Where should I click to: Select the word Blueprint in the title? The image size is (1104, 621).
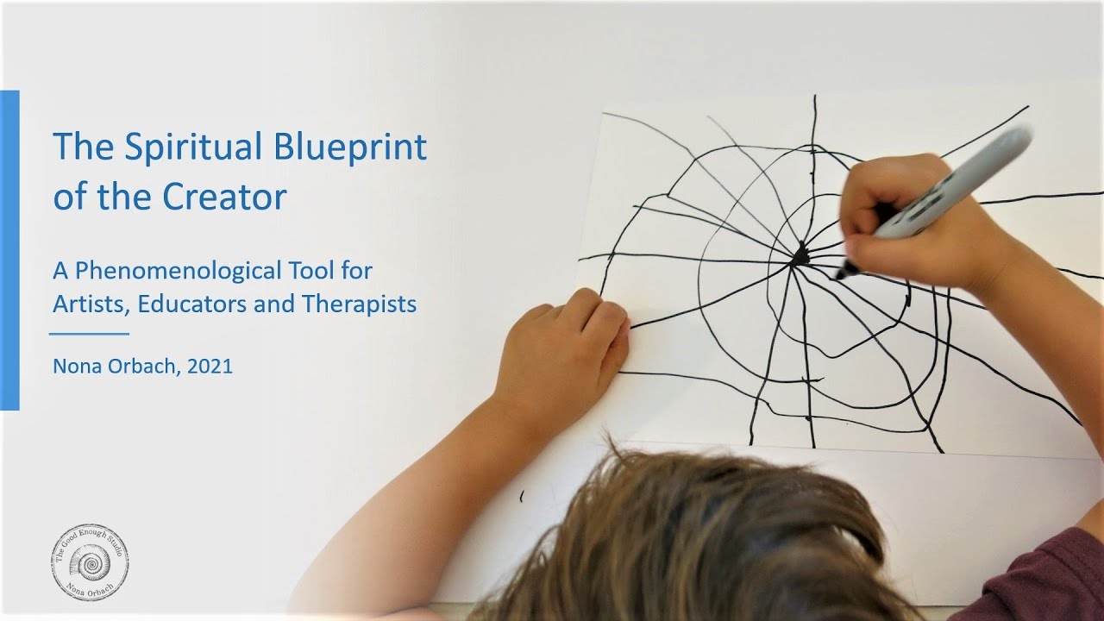point(350,147)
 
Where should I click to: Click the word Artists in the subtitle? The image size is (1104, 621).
point(85,304)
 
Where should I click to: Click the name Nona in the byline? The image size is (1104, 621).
point(74,366)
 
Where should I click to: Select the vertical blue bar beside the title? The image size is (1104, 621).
point(9,250)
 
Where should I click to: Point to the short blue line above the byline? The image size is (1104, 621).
point(89,333)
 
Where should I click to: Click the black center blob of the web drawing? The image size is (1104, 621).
point(801,254)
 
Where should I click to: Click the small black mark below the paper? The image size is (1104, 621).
point(521,497)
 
